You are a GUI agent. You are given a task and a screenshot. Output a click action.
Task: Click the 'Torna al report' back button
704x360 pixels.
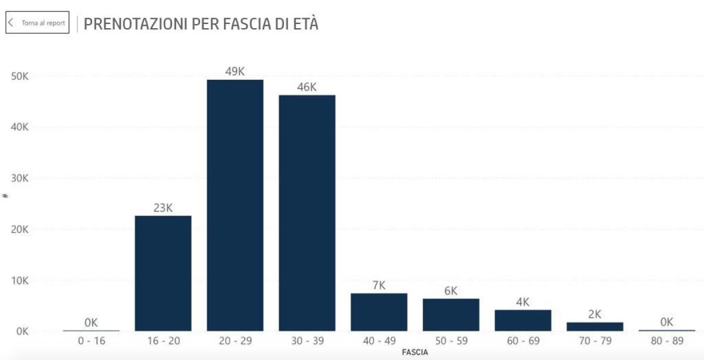[38, 23]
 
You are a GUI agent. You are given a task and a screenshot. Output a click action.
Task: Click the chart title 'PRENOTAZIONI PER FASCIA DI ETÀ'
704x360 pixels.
[201, 23]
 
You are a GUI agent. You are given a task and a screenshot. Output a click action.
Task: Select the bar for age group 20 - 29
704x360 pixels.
[235, 205]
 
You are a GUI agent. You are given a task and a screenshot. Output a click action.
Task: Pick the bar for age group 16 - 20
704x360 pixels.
[163, 273]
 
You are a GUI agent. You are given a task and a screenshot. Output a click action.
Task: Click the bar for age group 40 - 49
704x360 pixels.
[379, 312]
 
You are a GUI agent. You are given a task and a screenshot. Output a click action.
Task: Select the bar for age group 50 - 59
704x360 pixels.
[451, 315]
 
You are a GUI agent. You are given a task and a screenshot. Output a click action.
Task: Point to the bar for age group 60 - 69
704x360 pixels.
[523, 320]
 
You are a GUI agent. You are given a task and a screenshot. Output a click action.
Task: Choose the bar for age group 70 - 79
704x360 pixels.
[595, 327]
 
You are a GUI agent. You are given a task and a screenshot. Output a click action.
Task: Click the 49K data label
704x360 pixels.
[235, 72]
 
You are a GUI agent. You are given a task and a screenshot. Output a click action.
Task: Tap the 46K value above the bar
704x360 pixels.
[307, 87]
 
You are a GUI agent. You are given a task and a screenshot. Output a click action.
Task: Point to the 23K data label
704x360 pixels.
[163, 208]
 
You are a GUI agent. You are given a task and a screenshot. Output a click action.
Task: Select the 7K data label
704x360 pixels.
[379, 286]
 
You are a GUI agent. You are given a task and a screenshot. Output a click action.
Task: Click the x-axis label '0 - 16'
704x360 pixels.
[91, 341]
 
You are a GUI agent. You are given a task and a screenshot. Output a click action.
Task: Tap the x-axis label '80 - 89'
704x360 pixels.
[666, 341]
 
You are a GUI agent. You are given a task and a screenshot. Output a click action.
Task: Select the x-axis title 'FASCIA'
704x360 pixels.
[415, 352]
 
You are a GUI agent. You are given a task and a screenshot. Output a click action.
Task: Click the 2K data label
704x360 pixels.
[595, 314]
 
